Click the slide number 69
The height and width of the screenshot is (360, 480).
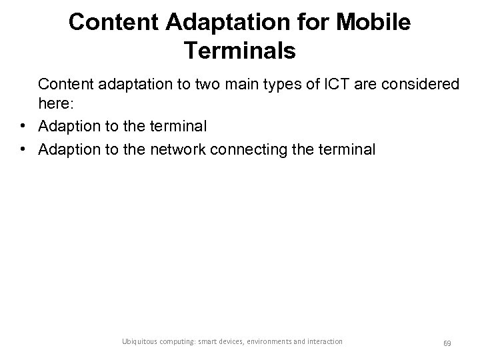coord(447,343)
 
